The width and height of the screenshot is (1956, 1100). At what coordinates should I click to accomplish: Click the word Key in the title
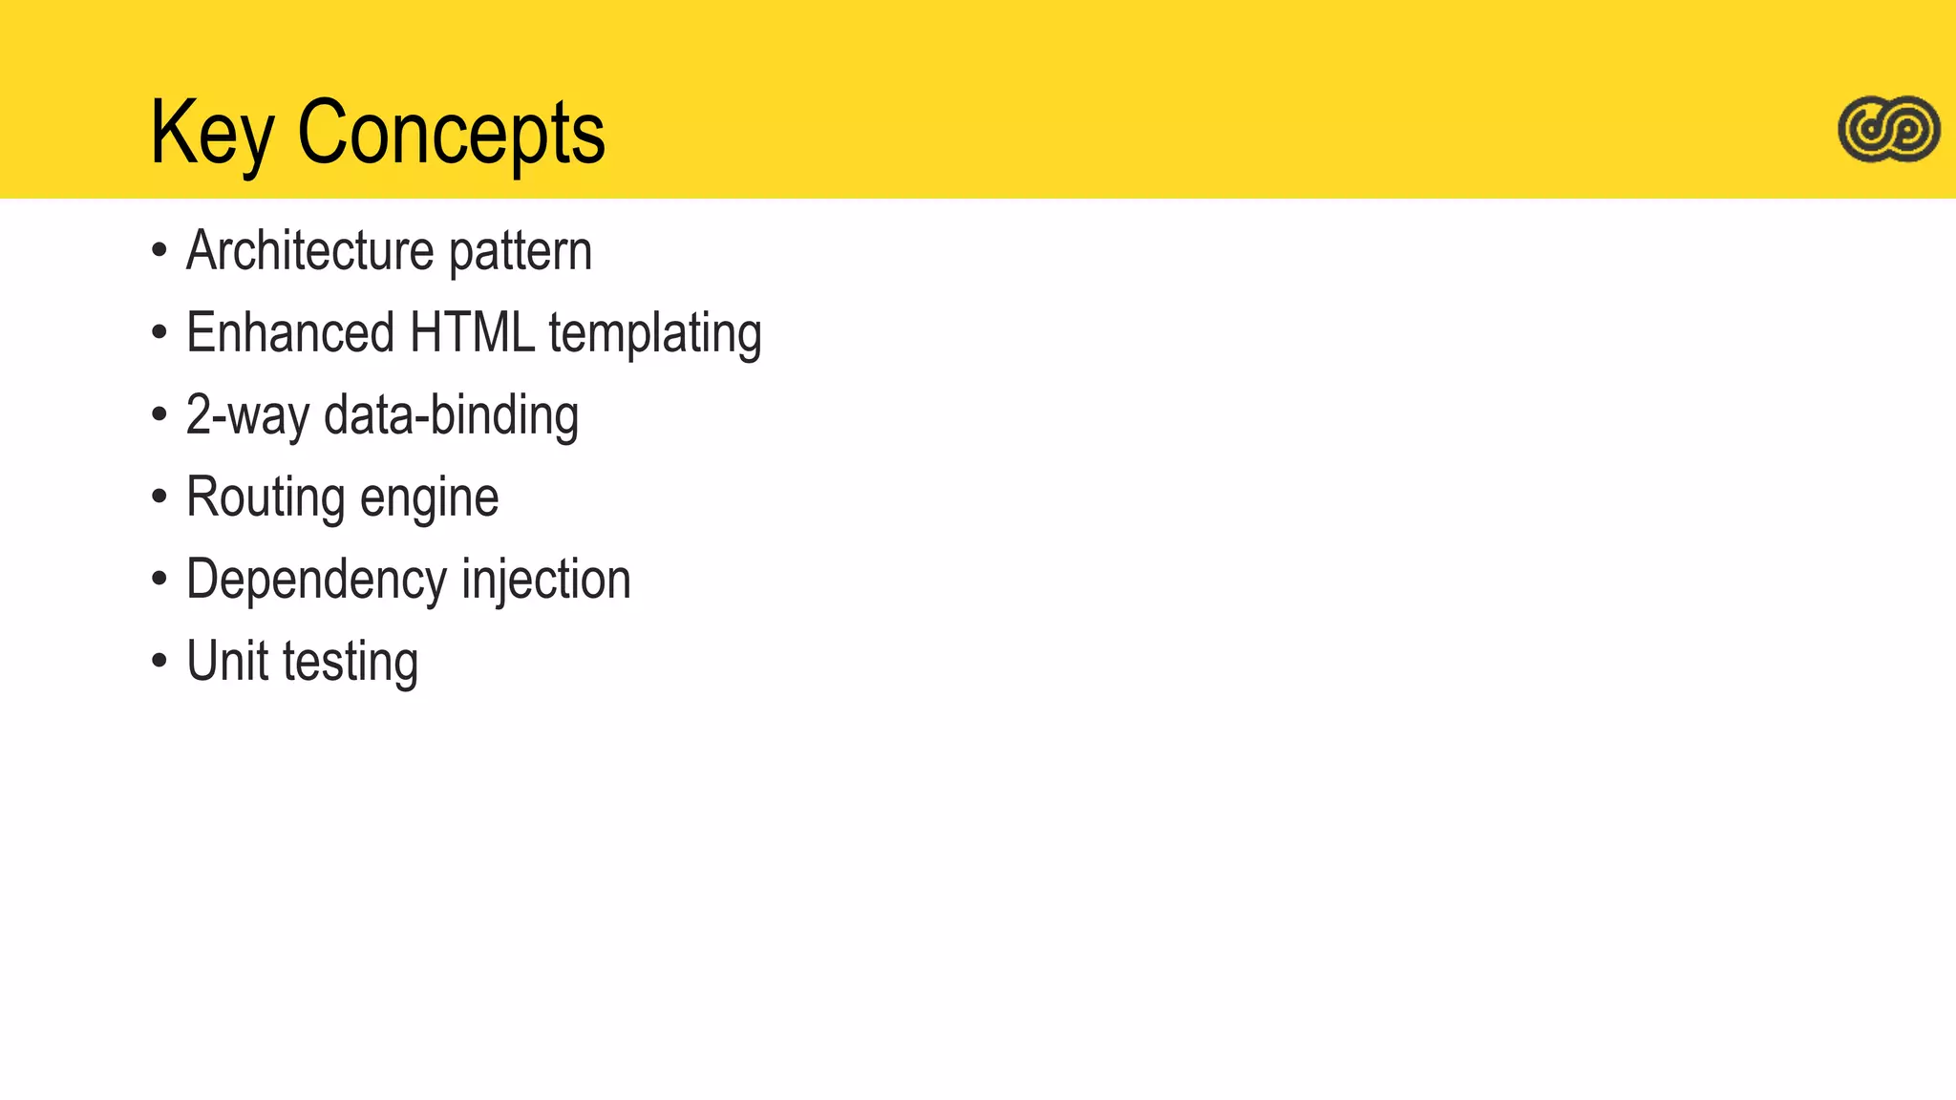pyautogui.click(x=211, y=134)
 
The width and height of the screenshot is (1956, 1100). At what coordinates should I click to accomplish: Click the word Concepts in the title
pyautogui.click(x=451, y=134)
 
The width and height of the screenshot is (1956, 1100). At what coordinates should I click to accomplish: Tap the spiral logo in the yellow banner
pyautogui.click(x=1888, y=129)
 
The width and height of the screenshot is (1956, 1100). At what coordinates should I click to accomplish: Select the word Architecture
pyautogui.click(x=310, y=251)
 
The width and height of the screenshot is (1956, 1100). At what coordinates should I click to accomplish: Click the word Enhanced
pyautogui.click(x=290, y=333)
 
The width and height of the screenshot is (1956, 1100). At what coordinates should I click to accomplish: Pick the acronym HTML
pyautogui.click(x=472, y=333)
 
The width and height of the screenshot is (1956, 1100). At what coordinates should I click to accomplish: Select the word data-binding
pyautogui.click(x=451, y=415)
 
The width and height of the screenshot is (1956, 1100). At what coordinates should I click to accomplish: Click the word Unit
pyautogui.click(x=226, y=662)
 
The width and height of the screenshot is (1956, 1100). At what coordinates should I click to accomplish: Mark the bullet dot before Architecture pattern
pyautogui.click(x=159, y=252)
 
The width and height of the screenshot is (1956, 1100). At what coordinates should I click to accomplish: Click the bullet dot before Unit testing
pyautogui.click(x=159, y=662)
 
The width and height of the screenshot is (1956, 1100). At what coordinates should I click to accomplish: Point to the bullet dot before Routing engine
pyautogui.click(x=159, y=497)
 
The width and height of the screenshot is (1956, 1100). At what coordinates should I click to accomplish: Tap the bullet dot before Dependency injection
pyautogui.click(x=159, y=580)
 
